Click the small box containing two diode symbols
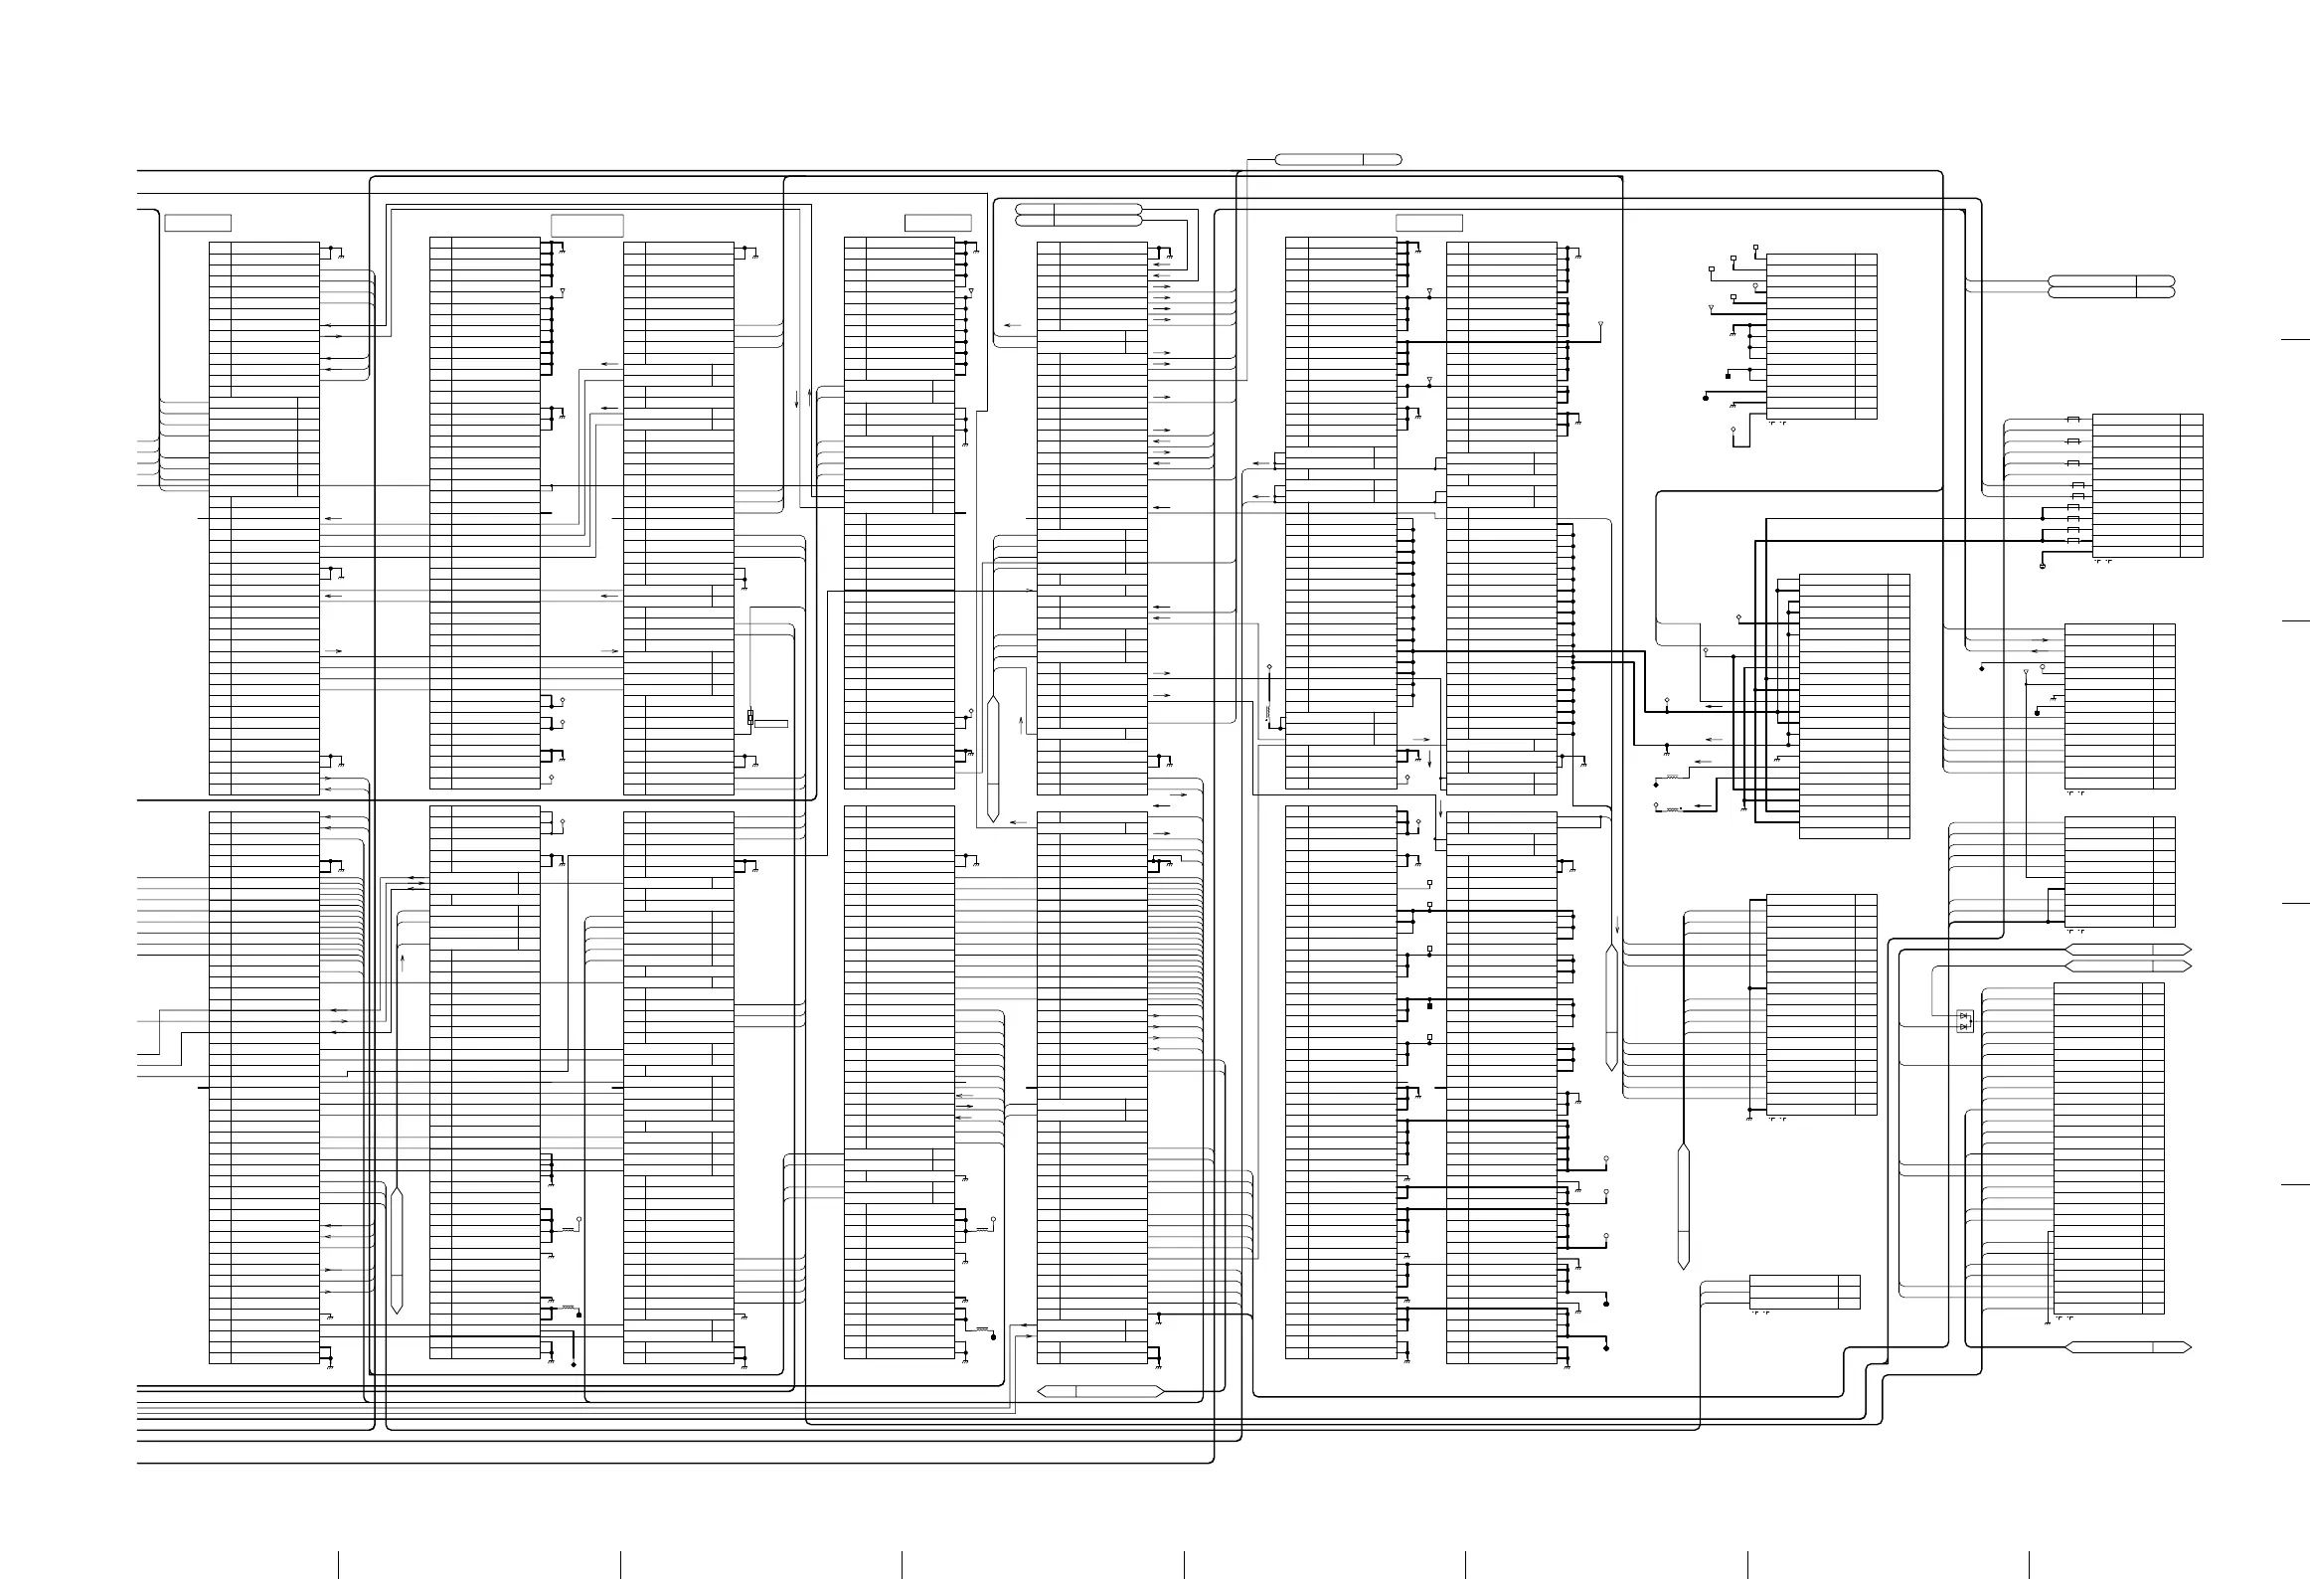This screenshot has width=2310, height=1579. click(1964, 1021)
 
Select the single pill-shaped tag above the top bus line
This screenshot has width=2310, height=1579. click(1338, 159)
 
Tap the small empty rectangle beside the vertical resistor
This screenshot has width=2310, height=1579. click(771, 724)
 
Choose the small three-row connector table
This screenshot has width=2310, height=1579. click(1804, 1292)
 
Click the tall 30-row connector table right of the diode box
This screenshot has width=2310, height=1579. click(2108, 1148)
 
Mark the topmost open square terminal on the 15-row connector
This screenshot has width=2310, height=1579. click(1755, 247)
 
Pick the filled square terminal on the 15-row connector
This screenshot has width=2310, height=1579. click(1728, 376)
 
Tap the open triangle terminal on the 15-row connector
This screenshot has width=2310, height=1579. click(1710, 309)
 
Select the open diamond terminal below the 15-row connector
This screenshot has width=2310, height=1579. click(1732, 430)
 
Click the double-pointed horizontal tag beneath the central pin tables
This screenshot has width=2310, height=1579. click(1100, 1392)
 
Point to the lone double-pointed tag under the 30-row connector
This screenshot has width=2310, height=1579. click(2128, 1347)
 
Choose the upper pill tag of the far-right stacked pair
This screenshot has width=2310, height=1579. click(2111, 280)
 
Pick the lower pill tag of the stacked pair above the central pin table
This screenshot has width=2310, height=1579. click(1078, 218)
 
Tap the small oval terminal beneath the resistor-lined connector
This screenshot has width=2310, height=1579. click(2043, 567)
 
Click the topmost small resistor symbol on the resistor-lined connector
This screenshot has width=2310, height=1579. click(2073, 418)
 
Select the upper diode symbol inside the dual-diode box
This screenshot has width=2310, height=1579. click(1964, 1015)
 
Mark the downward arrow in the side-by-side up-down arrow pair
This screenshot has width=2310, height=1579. click(797, 400)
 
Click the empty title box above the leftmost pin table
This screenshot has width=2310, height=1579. click(198, 223)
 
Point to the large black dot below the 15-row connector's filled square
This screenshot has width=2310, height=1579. click(1706, 398)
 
